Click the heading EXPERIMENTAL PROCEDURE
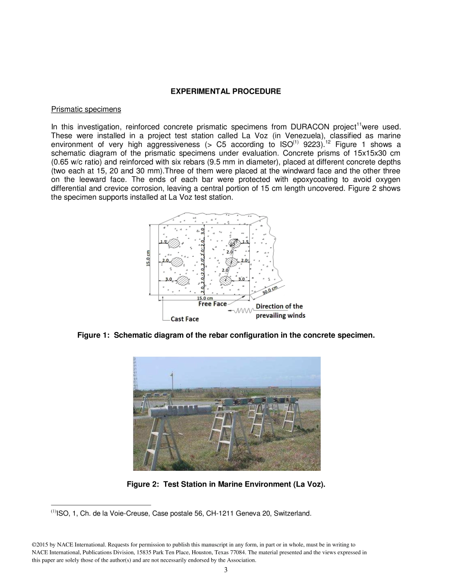[226, 91]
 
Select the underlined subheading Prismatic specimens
[86, 109]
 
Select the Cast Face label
[185, 319]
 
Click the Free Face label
[213, 304]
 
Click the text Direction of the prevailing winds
[280, 311]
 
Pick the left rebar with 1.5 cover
[175, 243]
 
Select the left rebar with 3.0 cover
[183, 281]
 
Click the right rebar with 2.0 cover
[231, 262]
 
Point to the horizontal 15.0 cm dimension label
[205, 298]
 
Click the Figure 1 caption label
[226, 335]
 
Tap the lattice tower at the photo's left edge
[136, 373]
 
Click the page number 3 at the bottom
[226, 570]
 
